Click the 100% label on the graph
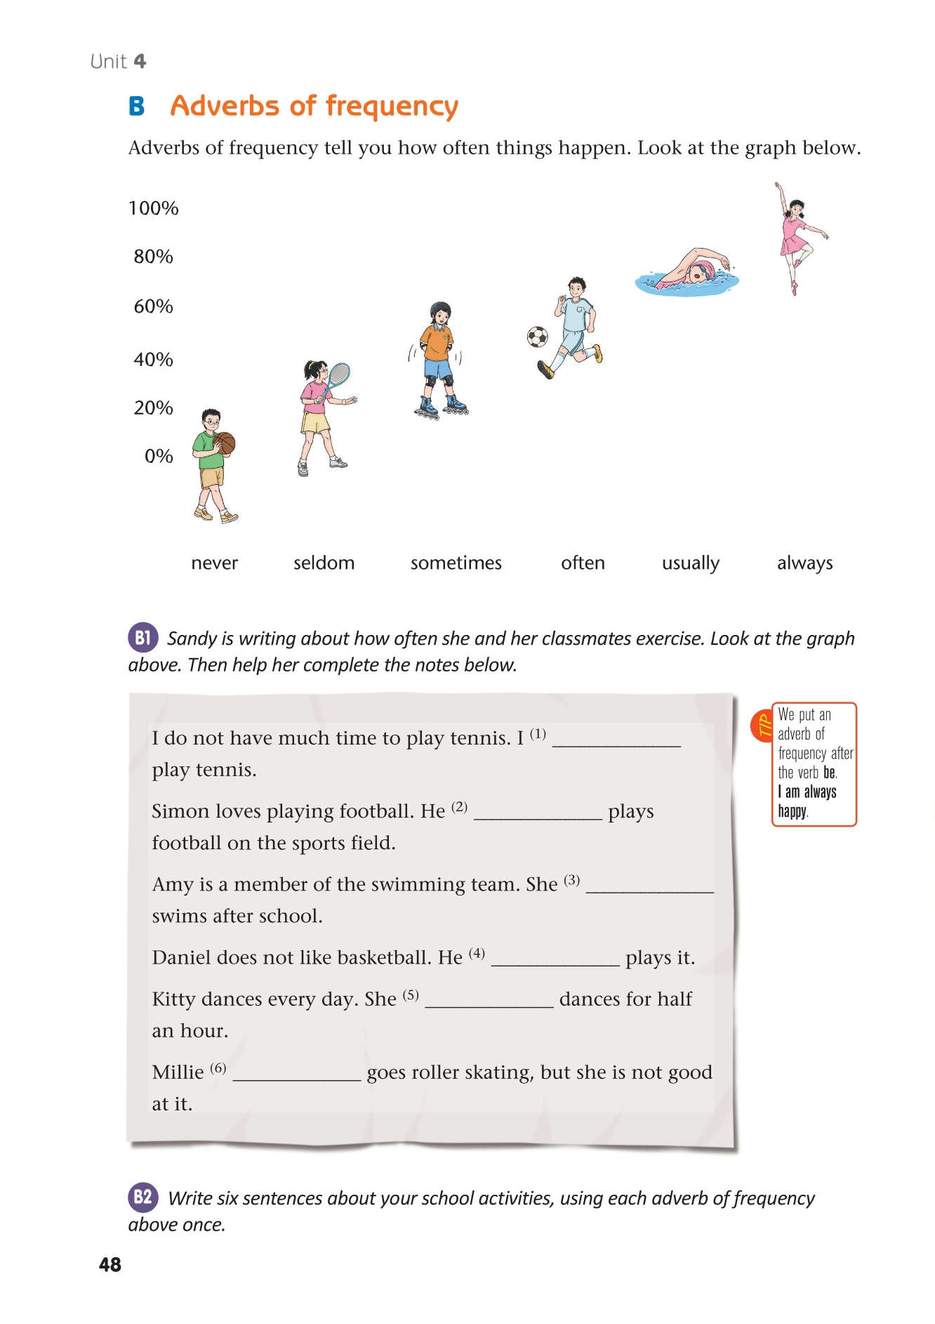(x=153, y=209)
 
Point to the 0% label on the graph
(x=159, y=457)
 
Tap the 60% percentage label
(x=153, y=307)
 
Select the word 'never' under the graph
(x=214, y=563)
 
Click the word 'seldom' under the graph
(x=324, y=563)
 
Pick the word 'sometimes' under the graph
(x=456, y=563)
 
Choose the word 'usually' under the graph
(x=691, y=564)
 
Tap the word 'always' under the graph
(x=804, y=563)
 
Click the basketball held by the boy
(x=225, y=443)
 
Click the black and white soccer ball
(x=538, y=337)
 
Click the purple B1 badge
(x=142, y=638)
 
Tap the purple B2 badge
(x=142, y=1197)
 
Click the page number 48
(x=110, y=1265)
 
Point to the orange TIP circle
(x=762, y=726)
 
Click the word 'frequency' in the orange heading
(x=392, y=107)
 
